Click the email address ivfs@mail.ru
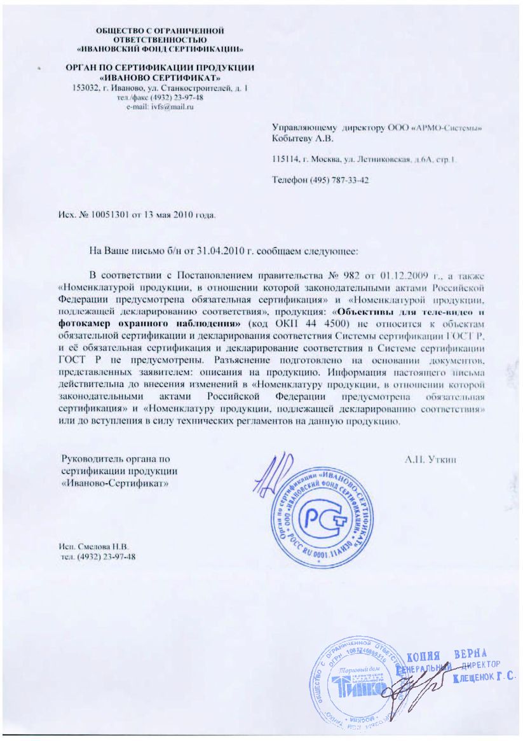[171, 107]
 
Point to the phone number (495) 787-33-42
[337, 181]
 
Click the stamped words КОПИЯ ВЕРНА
[447, 656]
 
